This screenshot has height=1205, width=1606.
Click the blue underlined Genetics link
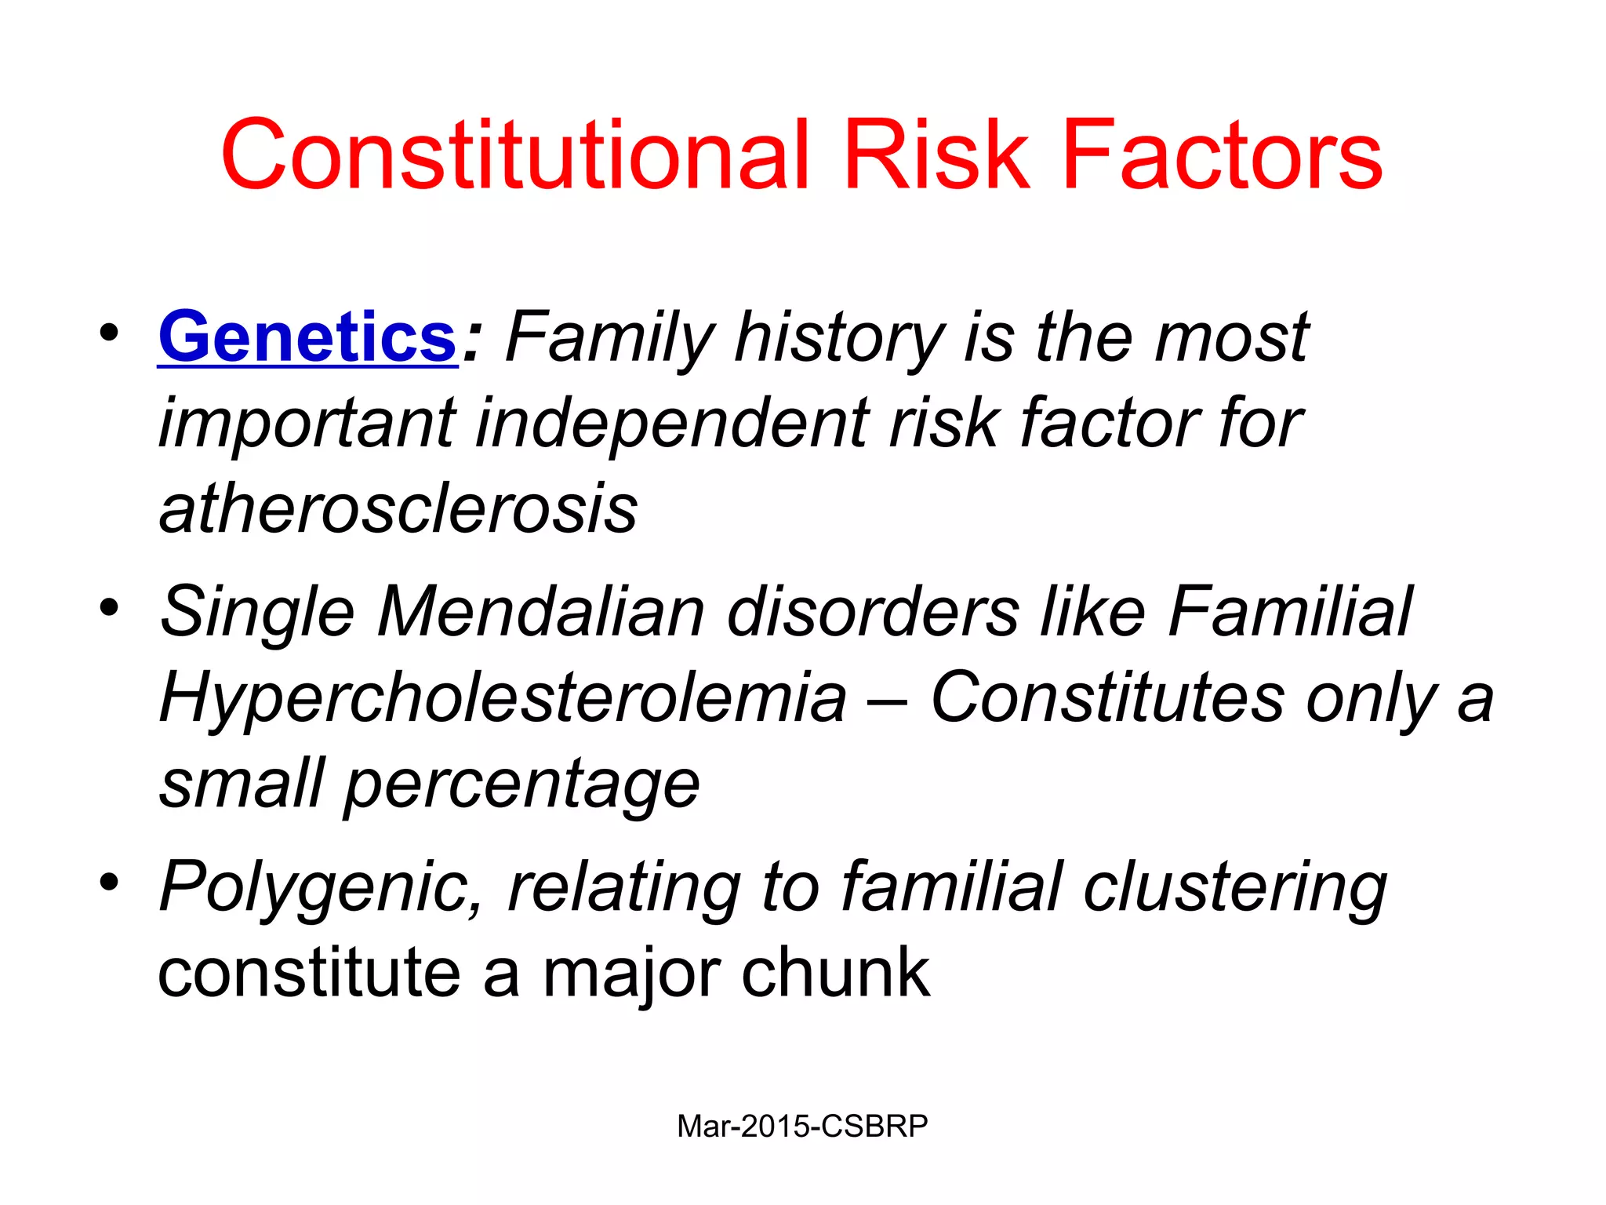tap(307, 337)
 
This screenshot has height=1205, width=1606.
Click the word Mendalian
tap(541, 612)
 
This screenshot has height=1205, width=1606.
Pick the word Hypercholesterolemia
tap(503, 697)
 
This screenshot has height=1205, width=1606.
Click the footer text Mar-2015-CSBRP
tap(802, 1126)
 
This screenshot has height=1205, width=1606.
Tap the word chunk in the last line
tap(835, 973)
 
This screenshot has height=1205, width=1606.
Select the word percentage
tap(521, 785)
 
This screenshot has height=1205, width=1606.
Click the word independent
tap(673, 424)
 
